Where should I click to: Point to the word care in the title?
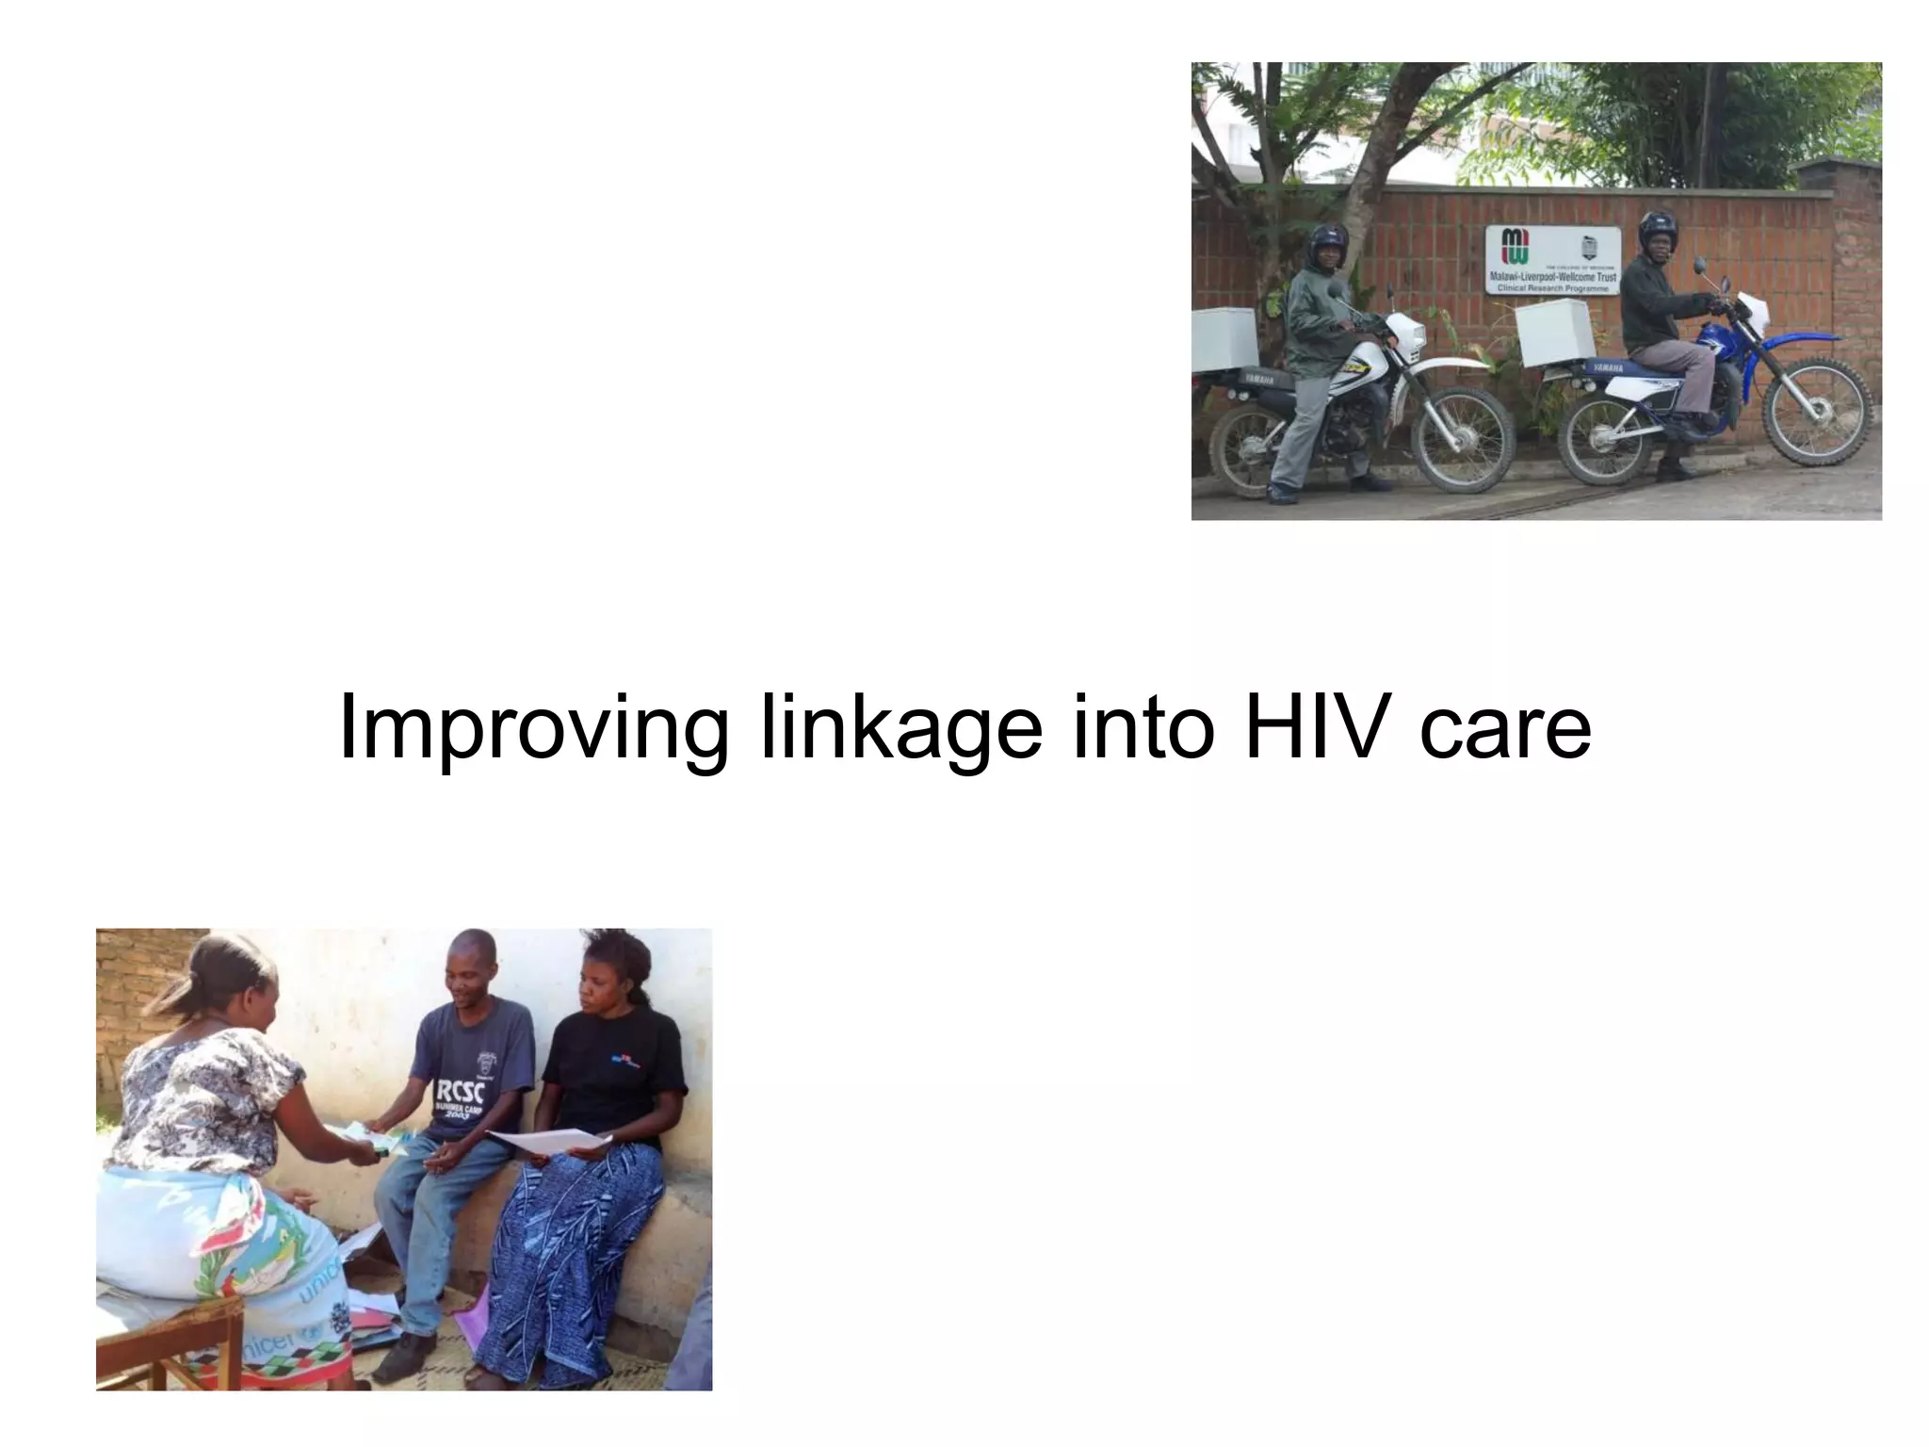(1504, 727)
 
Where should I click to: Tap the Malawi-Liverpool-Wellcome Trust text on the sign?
(1552, 277)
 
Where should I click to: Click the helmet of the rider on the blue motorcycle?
(1658, 229)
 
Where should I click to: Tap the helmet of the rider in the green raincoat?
(1327, 240)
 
